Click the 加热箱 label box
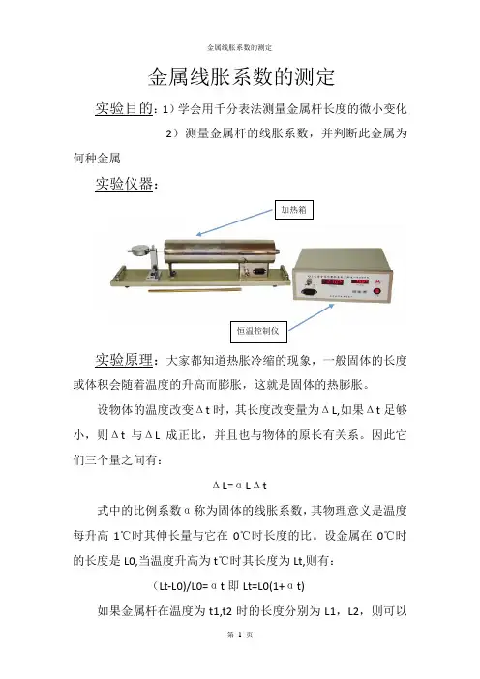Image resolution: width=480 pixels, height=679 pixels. click(x=294, y=210)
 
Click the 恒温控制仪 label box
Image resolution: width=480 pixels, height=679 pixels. click(x=258, y=332)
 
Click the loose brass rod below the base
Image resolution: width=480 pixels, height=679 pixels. click(x=195, y=290)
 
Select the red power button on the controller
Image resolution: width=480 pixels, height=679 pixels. click(x=376, y=291)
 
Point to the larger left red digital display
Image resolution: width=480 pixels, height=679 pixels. click(x=332, y=281)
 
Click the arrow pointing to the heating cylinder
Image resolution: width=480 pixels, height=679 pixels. click(x=234, y=222)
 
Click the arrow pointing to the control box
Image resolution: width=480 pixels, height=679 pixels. click(x=312, y=317)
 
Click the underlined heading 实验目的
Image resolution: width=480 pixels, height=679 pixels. click(x=124, y=108)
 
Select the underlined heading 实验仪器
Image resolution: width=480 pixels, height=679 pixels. click(x=124, y=184)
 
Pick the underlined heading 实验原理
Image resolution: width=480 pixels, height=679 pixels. click(x=124, y=360)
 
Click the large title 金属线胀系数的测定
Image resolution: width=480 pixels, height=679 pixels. click(x=241, y=77)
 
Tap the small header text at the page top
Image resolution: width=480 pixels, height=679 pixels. click(x=240, y=47)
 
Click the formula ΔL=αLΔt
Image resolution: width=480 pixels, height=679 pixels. click(x=240, y=486)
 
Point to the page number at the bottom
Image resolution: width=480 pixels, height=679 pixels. click(x=240, y=635)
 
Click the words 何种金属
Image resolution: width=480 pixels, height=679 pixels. click(x=97, y=158)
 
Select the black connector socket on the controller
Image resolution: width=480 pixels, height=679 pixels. click(x=308, y=292)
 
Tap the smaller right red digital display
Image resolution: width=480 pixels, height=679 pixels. click(x=360, y=281)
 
